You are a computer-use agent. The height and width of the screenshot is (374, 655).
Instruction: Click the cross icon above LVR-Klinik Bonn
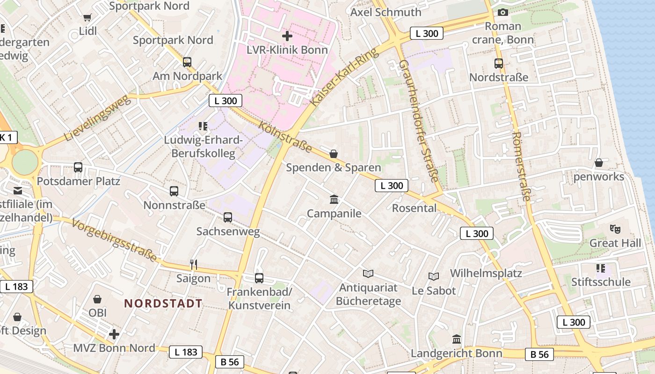287,36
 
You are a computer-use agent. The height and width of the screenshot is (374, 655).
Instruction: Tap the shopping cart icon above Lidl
87,18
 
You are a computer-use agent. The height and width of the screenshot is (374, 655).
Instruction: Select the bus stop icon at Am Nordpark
187,62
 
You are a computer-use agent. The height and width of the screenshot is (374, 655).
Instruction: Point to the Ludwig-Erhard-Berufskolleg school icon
203,126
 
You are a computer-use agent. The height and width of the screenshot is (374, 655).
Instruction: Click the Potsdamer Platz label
79,181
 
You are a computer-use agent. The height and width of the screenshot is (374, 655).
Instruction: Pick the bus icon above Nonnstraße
174,191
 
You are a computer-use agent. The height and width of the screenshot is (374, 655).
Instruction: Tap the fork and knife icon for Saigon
194,265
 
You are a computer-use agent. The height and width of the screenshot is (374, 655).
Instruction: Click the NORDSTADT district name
163,303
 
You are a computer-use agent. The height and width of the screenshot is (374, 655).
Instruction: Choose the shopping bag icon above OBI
97,299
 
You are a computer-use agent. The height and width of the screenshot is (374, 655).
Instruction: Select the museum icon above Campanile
334,200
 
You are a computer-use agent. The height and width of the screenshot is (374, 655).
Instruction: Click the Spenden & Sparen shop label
334,167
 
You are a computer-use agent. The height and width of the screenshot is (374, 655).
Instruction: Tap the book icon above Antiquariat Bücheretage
368,273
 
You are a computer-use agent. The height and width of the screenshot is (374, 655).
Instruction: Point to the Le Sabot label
434,290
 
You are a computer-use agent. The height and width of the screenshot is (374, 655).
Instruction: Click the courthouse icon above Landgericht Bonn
457,339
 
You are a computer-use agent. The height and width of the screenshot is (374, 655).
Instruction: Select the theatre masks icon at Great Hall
615,229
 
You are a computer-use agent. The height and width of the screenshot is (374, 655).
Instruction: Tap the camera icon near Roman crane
503,12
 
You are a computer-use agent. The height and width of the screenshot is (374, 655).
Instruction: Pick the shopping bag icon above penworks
598,163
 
